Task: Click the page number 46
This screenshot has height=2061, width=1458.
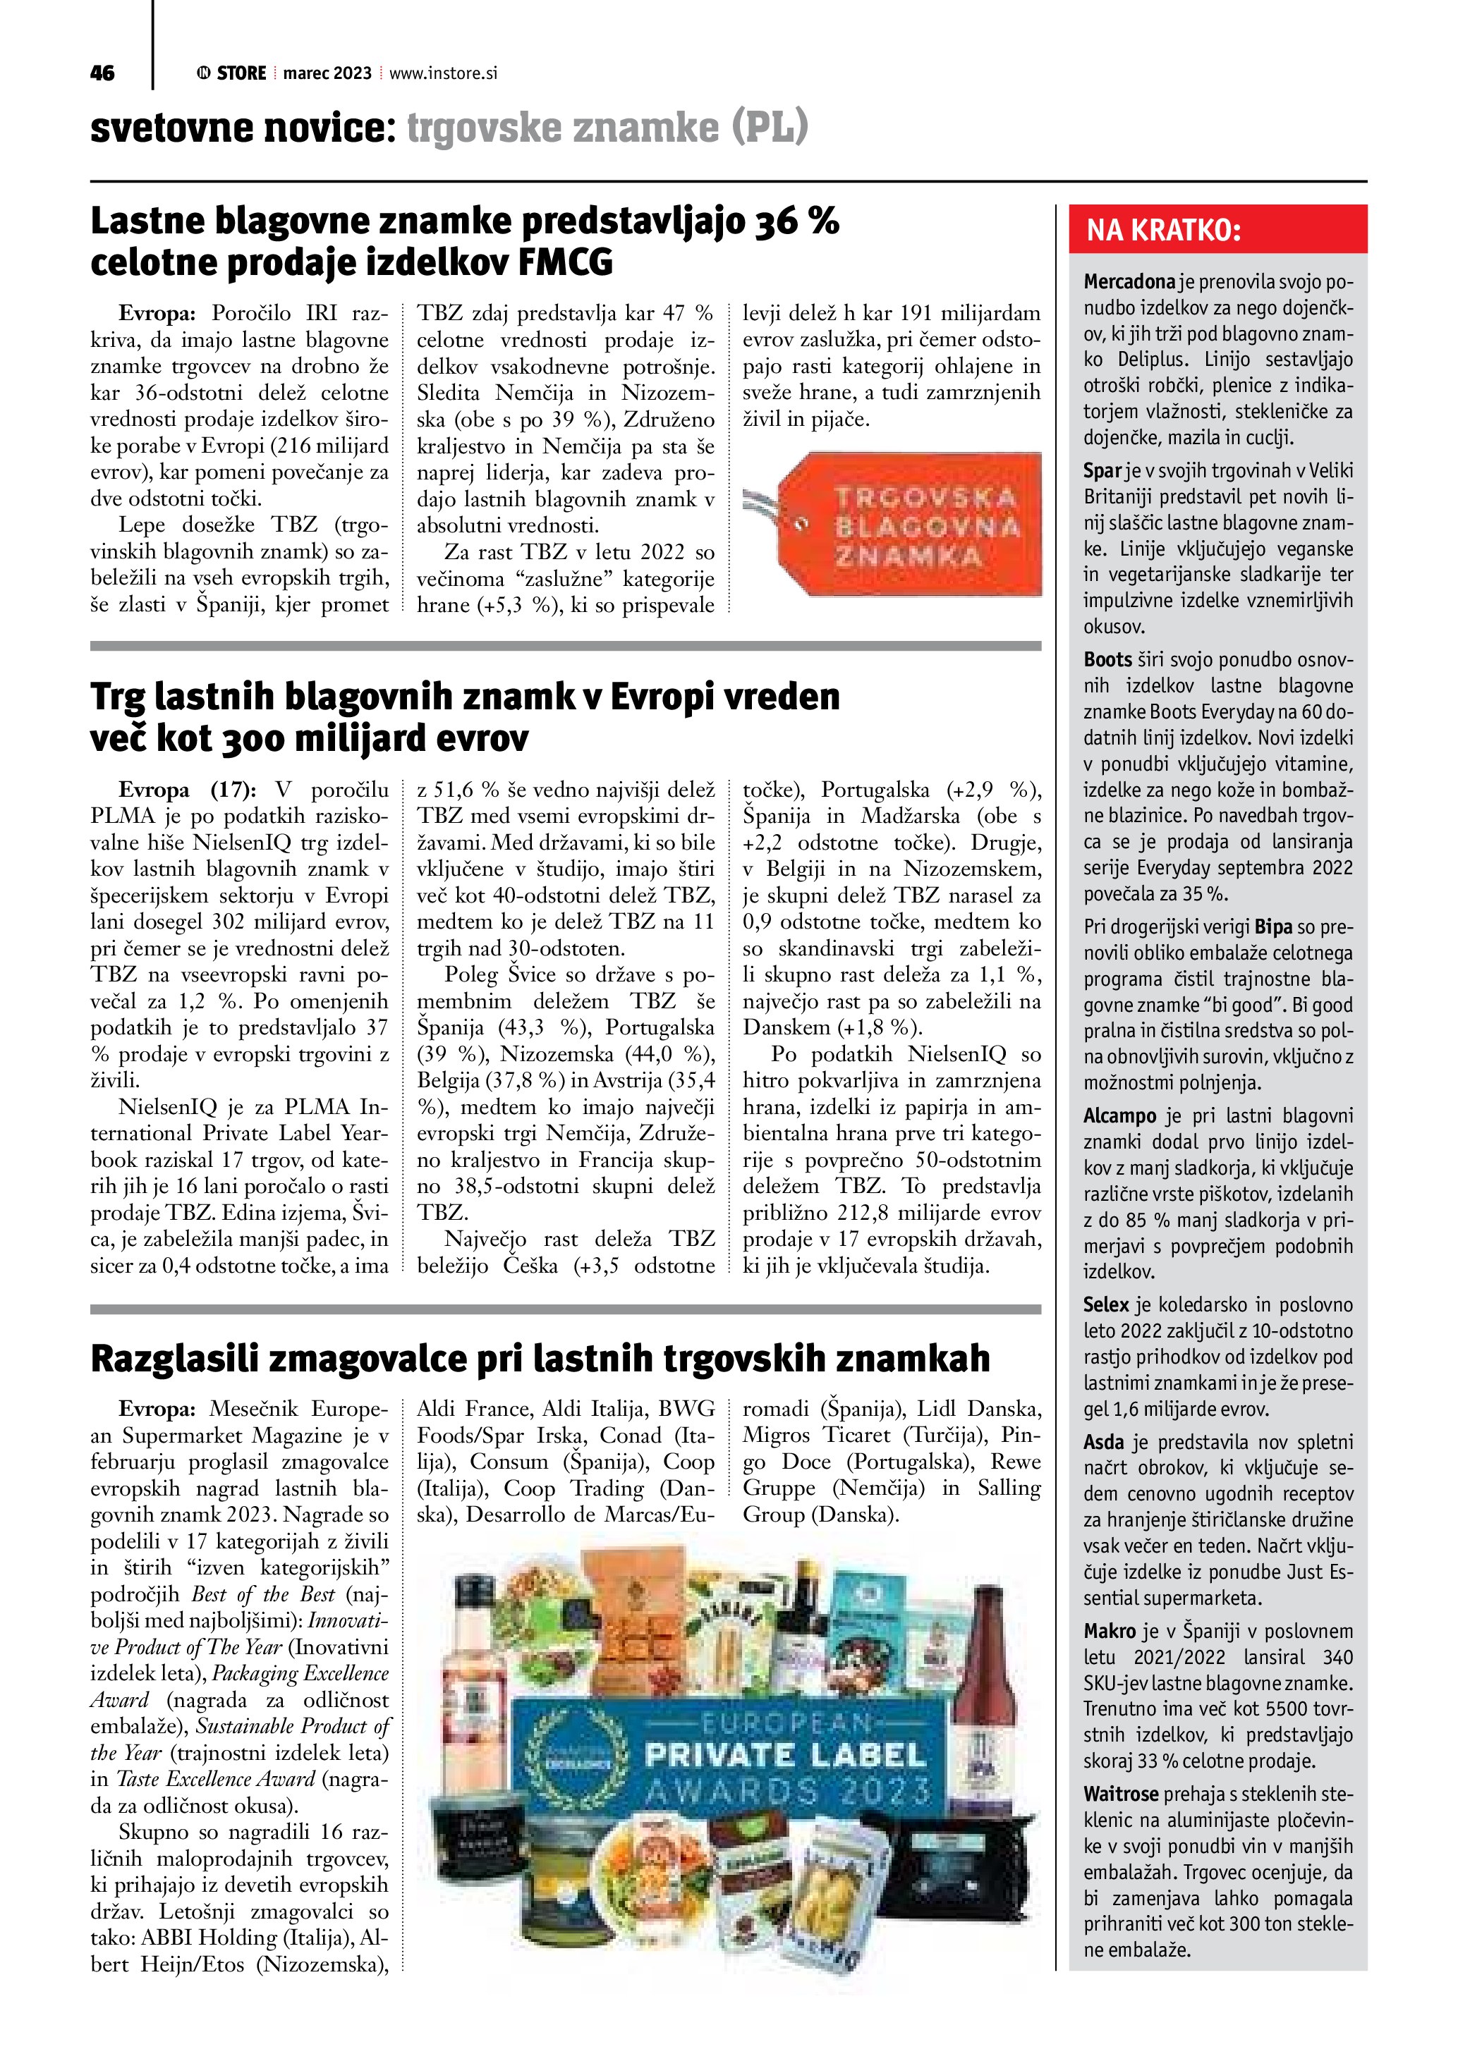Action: click(x=102, y=73)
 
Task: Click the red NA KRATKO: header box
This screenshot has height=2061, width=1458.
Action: click(x=1217, y=230)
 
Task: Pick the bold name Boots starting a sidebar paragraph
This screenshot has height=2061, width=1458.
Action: click(x=1107, y=660)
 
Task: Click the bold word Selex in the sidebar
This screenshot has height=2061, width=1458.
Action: click(x=1105, y=1305)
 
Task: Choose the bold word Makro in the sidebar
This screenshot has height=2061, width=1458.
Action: click(x=1110, y=1631)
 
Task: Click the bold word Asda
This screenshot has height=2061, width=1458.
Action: click(x=1103, y=1443)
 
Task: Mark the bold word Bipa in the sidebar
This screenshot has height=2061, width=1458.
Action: click(x=1274, y=926)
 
